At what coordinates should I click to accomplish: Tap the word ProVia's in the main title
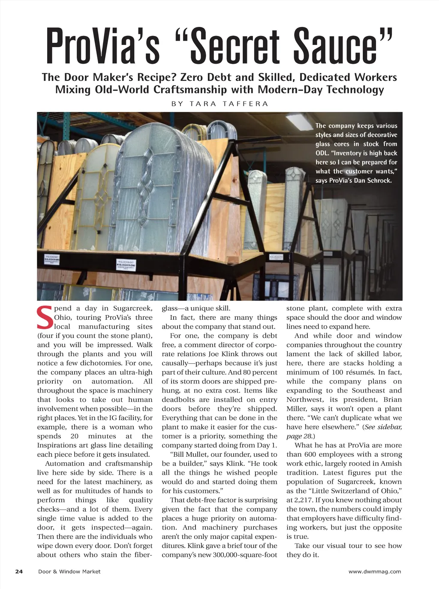tap(103, 46)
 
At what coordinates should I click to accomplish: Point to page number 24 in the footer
tap(19, 571)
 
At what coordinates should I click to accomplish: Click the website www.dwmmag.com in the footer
tap(375, 571)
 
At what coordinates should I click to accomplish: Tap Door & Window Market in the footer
tap(69, 571)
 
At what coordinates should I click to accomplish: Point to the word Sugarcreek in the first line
tap(132, 308)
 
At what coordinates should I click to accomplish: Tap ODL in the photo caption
tap(322, 153)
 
